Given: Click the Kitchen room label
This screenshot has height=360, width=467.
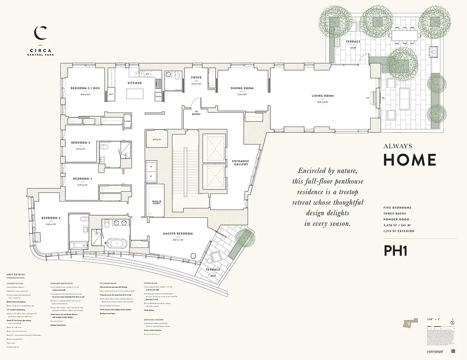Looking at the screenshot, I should point(135,83).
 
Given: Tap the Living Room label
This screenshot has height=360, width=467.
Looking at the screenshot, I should point(322,96).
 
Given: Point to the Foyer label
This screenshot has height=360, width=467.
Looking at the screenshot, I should point(196,77).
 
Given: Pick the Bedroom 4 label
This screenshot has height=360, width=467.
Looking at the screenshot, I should point(81,143).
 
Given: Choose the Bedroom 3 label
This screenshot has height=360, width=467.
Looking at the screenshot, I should point(82,179).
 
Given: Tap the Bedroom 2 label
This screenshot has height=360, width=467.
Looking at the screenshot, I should point(51,218).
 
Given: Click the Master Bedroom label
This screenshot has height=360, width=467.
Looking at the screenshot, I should point(178,234).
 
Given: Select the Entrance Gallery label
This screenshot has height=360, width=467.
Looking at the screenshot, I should point(240,163).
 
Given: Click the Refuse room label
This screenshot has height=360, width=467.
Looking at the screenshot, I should point(157,139).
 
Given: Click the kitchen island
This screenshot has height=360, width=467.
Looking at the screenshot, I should point(135,94).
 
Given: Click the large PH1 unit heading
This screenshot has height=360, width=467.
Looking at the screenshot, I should point(395,251).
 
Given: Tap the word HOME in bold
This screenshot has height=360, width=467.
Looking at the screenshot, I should point(409,160).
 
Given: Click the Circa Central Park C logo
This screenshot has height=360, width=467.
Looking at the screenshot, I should point(41,32).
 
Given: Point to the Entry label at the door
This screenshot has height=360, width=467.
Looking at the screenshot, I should point(197,114).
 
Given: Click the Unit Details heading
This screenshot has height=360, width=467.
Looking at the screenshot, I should point(16,274).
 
